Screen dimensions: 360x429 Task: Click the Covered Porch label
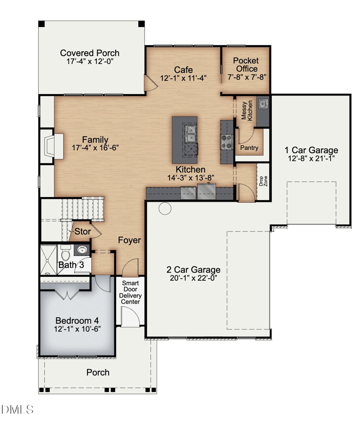point(90,53)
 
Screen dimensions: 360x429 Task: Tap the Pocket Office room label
point(246,65)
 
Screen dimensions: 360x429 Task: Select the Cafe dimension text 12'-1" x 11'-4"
point(183,78)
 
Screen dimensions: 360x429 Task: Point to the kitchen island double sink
point(191,134)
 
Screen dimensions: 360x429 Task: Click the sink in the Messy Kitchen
point(263,104)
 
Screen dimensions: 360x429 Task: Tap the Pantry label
point(249,148)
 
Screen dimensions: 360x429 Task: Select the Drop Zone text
point(263,181)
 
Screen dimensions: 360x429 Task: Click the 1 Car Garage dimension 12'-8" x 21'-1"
point(311,158)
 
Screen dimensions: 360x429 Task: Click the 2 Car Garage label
point(193,269)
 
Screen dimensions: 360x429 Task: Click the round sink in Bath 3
point(82,250)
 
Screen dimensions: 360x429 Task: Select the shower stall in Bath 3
point(49,260)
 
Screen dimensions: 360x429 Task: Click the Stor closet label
point(83,232)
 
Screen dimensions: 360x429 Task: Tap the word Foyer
point(130,240)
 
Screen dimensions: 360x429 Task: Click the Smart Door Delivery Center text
point(130,292)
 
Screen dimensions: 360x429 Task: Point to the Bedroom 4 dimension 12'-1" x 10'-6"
point(77,329)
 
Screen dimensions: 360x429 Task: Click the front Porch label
point(98,372)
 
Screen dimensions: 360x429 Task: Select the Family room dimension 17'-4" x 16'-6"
point(95,148)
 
